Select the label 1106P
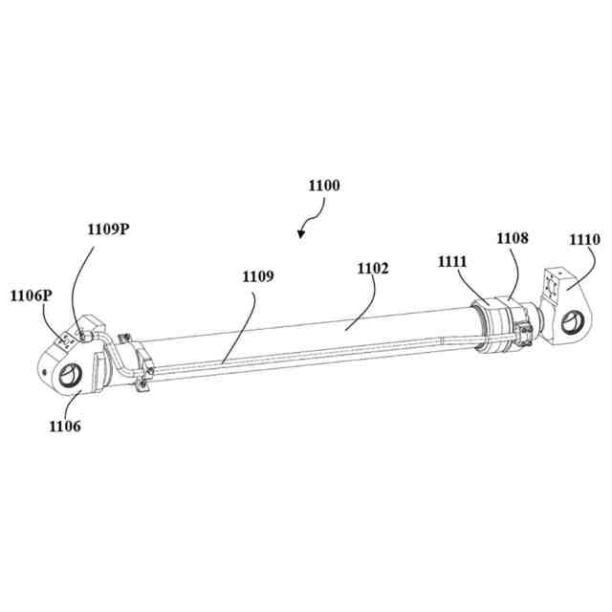click(x=31, y=295)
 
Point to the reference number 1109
click(x=257, y=276)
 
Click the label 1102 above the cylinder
click(x=373, y=269)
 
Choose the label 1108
click(x=512, y=236)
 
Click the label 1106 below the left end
click(x=64, y=426)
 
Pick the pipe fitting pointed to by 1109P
click(x=85, y=334)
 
